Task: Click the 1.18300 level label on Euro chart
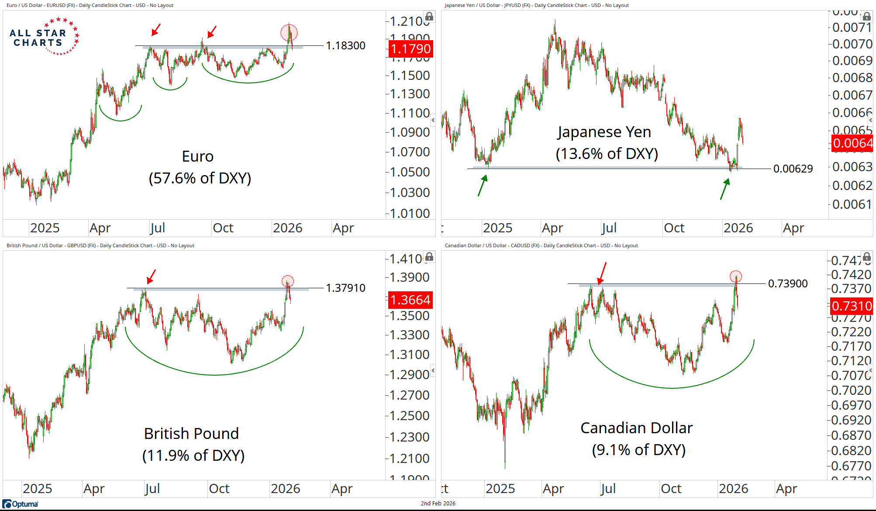345,45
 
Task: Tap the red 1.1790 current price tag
410,48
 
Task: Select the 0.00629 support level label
793,169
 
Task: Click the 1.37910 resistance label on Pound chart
345,288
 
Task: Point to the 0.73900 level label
787,283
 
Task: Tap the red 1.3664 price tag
410,300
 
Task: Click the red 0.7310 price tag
851,306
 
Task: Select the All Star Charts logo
44,37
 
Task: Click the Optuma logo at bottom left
21,504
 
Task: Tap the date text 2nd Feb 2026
438,503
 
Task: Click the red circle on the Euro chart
289,32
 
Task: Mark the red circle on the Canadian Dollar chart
735,276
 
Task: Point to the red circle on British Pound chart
287,281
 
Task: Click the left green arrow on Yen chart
482,185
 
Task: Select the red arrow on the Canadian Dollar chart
602,273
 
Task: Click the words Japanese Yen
604,132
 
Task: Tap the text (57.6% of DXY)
200,178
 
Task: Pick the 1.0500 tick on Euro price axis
409,172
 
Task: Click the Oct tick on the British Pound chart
219,488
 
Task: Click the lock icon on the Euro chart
429,17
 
